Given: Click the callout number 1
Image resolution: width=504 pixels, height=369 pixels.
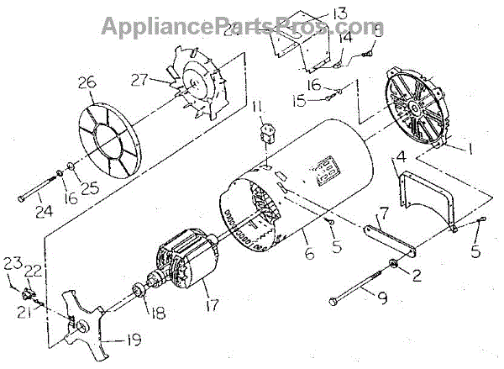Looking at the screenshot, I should [x=473, y=149].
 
